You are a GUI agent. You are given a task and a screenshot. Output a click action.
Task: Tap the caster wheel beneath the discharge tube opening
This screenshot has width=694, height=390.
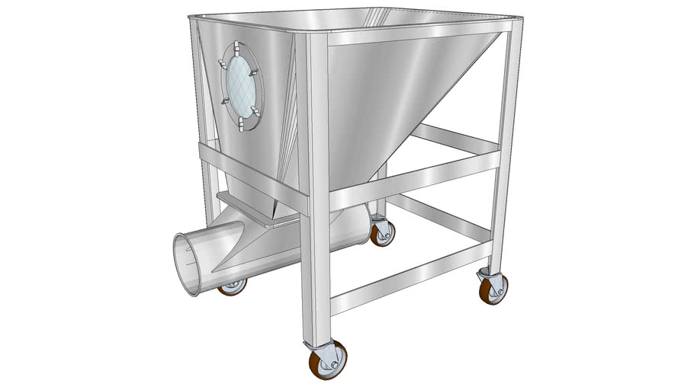[233, 286]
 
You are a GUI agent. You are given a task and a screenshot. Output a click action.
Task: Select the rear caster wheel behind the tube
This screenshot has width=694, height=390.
[382, 233]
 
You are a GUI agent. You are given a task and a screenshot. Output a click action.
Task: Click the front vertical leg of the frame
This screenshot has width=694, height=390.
[319, 190]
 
